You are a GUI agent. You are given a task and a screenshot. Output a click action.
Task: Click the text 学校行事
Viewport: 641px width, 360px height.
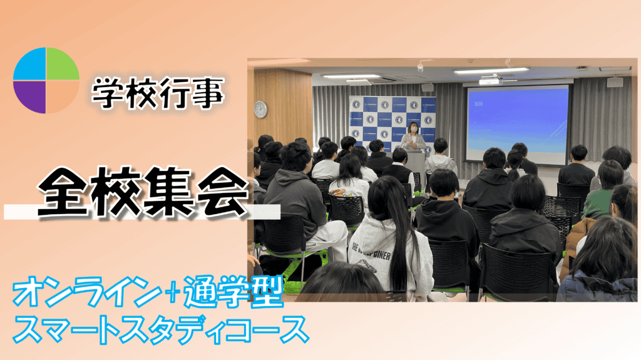(158, 94)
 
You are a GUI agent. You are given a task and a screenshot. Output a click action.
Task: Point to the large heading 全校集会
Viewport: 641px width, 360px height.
(143, 192)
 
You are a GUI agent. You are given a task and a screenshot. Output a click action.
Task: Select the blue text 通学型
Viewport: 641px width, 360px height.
(233, 292)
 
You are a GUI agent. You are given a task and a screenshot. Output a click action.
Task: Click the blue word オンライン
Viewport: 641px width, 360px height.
(87, 292)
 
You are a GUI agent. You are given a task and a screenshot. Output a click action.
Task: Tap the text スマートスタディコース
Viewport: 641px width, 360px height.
(160, 330)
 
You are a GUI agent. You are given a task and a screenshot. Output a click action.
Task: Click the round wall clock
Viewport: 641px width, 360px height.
(260, 109)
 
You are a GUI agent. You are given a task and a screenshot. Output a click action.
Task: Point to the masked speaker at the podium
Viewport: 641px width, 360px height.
(413, 136)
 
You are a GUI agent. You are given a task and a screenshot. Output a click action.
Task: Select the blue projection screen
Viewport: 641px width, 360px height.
(518, 123)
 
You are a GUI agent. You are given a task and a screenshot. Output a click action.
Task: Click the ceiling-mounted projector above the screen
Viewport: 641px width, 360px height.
(490, 81)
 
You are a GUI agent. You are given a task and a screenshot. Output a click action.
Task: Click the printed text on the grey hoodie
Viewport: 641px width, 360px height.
(371, 252)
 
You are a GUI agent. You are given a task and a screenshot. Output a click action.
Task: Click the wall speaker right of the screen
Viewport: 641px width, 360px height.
(615, 82)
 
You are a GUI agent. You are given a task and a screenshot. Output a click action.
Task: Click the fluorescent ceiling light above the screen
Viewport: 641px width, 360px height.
(491, 71)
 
